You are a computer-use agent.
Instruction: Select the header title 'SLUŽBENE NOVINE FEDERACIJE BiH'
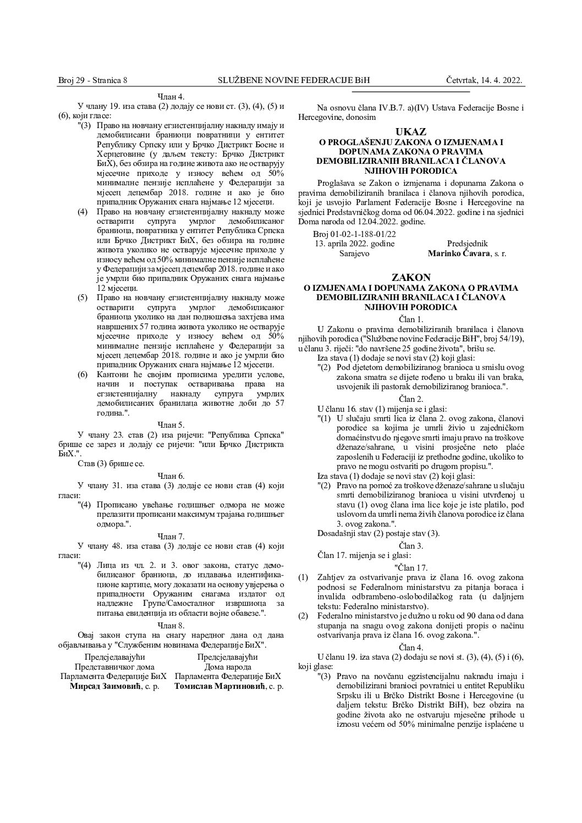pyautogui.click(x=294, y=81)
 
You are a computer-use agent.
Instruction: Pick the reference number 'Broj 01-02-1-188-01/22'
pyautogui.click(x=354, y=234)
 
